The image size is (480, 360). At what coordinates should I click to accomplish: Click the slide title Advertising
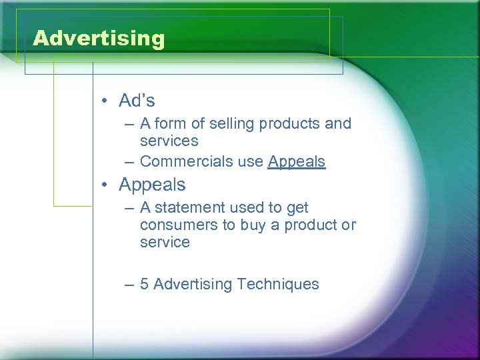pos(98,38)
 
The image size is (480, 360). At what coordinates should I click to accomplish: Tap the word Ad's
pos(137,101)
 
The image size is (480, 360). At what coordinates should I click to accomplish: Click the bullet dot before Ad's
pos(105,101)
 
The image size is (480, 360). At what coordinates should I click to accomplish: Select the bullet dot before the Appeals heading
pos(105,185)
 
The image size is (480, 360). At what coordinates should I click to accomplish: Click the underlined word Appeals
pos(297,161)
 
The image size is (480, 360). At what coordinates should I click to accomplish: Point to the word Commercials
pos(182,161)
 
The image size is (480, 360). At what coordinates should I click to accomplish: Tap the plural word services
pos(169,141)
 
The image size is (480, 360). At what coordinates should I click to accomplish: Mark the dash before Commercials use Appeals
pos(128,162)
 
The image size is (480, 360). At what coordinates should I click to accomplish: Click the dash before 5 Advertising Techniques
pos(128,285)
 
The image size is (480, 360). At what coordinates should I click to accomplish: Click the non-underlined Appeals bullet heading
pos(152,185)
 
